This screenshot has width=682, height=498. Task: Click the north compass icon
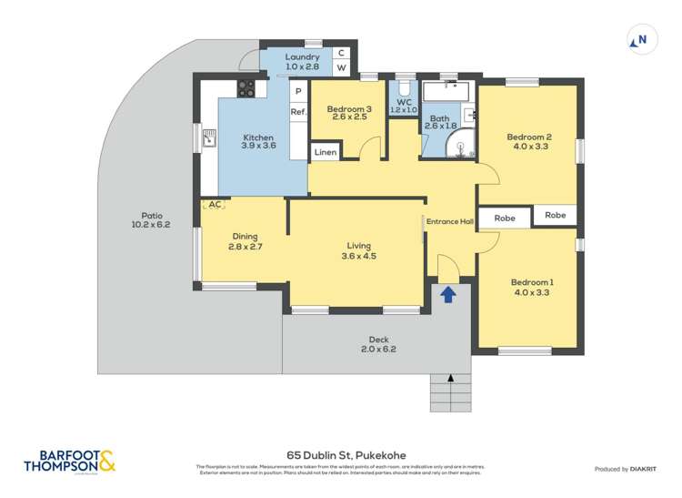point(641,39)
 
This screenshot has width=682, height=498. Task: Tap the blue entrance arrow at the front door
point(447,294)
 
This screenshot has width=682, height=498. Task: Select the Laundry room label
point(302,56)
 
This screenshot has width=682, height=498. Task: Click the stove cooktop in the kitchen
point(246,88)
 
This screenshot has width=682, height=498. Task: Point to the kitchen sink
point(210,138)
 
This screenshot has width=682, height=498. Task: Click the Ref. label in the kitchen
point(298,112)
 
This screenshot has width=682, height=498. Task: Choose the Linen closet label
point(326,153)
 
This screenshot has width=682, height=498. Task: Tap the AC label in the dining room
point(215,205)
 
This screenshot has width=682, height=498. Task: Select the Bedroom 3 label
point(349,110)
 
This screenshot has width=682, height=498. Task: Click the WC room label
point(404,99)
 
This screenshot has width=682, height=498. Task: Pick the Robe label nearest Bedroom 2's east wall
point(555,216)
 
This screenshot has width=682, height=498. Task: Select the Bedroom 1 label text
point(531,282)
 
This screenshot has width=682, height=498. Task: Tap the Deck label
point(378,339)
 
